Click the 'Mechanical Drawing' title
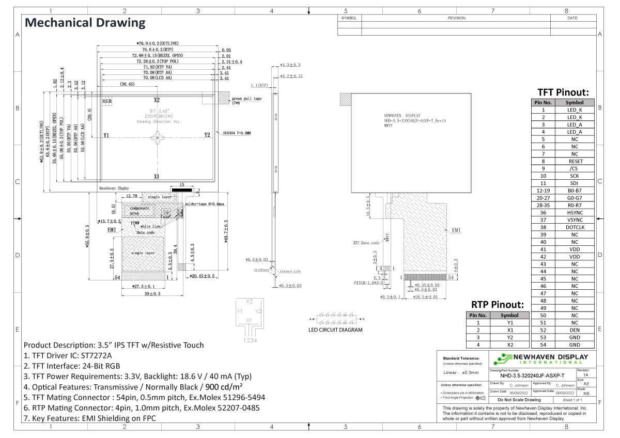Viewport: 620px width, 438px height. click(85, 23)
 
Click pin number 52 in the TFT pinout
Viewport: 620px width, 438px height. click(543, 330)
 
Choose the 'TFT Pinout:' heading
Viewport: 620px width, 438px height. click(563, 92)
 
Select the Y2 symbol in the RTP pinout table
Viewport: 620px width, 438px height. click(509, 337)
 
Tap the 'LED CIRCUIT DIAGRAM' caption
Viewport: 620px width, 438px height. click(335, 330)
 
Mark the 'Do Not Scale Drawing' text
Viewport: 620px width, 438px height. click(519, 400)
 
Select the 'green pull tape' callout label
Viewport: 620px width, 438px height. click(246, 98)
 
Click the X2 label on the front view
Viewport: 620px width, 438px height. click(157, 100)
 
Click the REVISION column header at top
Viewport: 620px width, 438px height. click(456, 18)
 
